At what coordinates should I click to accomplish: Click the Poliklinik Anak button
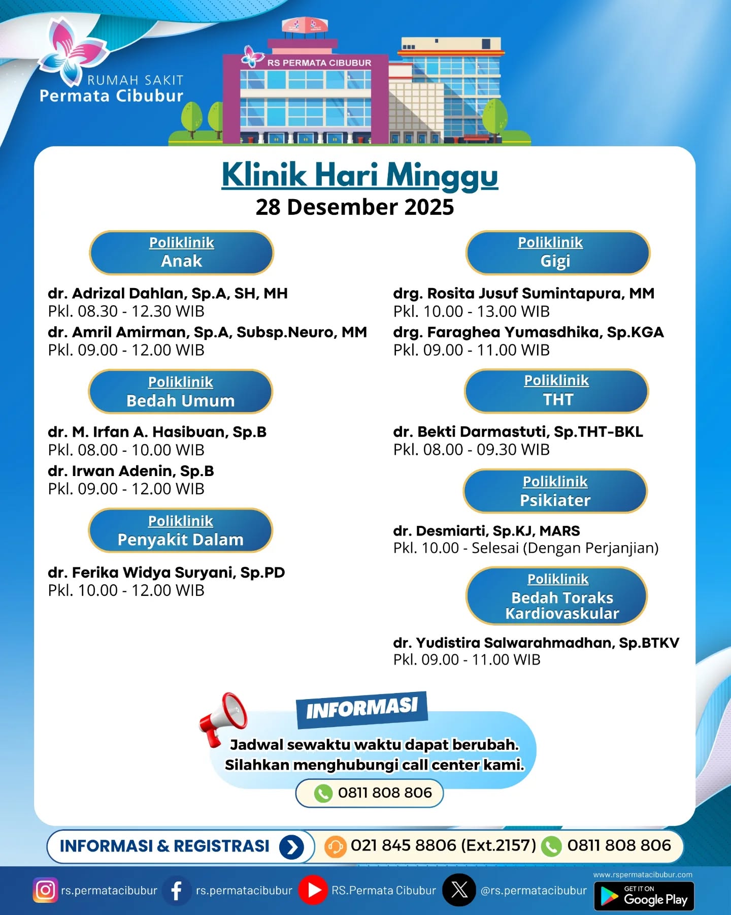pos(181,253)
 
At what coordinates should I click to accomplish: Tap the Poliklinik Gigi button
pos(557,253)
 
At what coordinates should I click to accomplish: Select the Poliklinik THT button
pos(556,391)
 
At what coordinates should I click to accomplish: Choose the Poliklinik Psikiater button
pos(555,491)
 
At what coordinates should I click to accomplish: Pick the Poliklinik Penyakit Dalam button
pos(180,530)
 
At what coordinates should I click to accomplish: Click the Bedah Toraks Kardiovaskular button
pos(556,596)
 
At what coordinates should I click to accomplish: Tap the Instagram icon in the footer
pos(45,890)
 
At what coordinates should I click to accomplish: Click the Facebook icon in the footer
pos(177,890)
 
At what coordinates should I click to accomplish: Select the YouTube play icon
pos(313,890)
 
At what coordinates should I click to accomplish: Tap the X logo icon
pos(459,890)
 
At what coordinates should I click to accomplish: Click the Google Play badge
pos(644,896)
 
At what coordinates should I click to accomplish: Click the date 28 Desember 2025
pos(354,207)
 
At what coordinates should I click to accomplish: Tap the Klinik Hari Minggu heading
pos(359,175)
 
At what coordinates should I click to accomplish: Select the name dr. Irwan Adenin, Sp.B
pos(131,471)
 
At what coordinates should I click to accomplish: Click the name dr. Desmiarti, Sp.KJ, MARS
pos(486,531)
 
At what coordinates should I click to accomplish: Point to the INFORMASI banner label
pos(361,708)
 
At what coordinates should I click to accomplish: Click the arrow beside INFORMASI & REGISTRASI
pos(291,847)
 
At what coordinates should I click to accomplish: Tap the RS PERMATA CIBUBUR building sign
pos(319,63)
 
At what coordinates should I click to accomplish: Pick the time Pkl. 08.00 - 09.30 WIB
pos(471,450)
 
